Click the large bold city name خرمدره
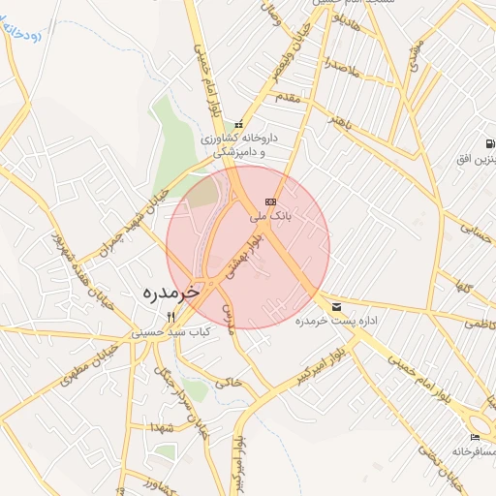[x=170, y=291]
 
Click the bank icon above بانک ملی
[x=270, y=201]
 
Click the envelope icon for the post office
[x=336, y=305]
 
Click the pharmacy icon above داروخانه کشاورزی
[x=238, y=125]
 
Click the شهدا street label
[x=160, y=426]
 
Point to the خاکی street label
[x=227, y=383]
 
